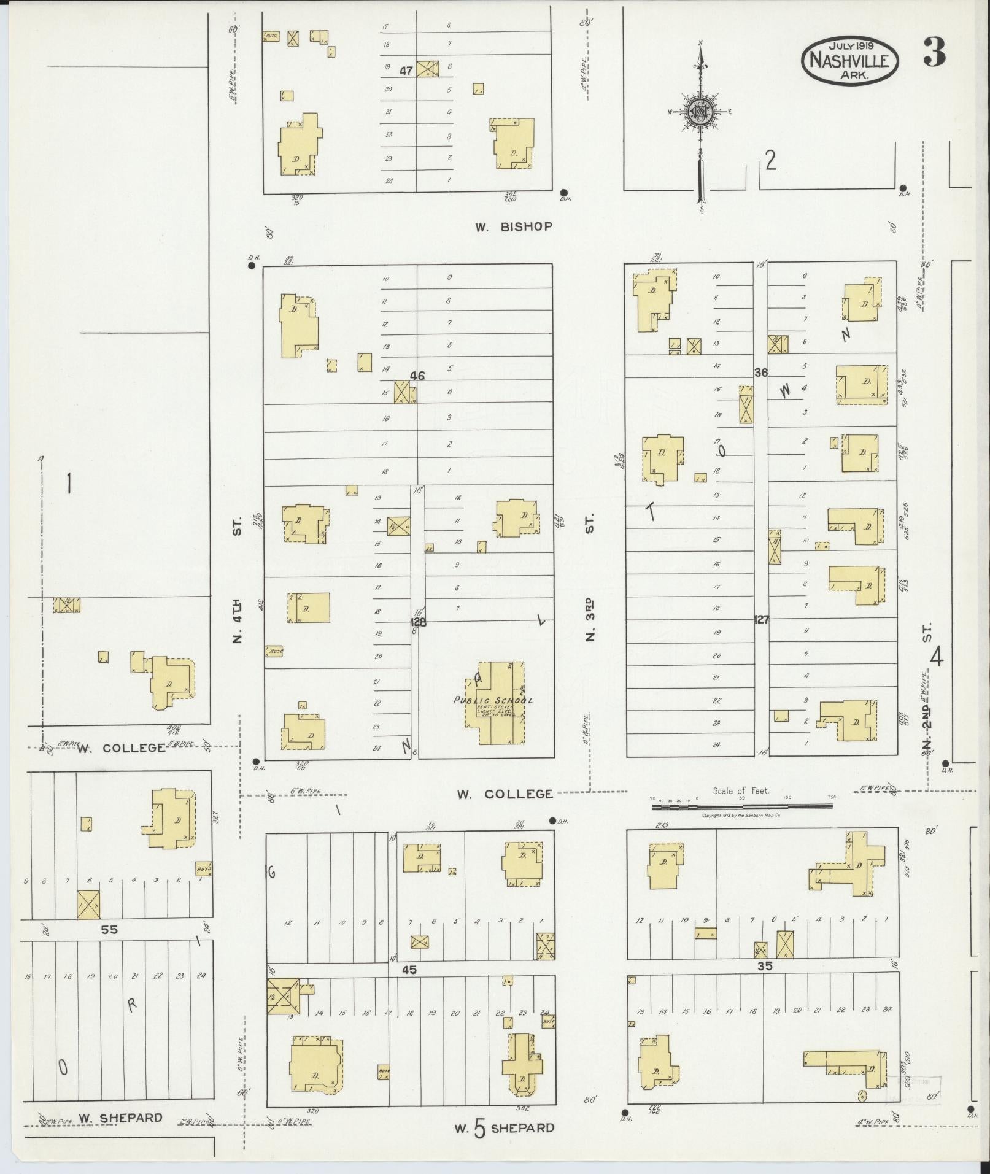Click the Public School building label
click(493, 700)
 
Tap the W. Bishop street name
click(513, 226)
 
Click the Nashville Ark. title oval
click(850, 60)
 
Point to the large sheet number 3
click(934, 53)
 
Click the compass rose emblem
click(699, 112)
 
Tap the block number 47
click(406, 71)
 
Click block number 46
click(417, 376)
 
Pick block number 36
click(761, 373)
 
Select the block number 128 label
click(419, 622)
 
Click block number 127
click(761, 620)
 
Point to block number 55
click(109, 930)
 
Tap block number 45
click(409, 970)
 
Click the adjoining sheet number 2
click(770, 161)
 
